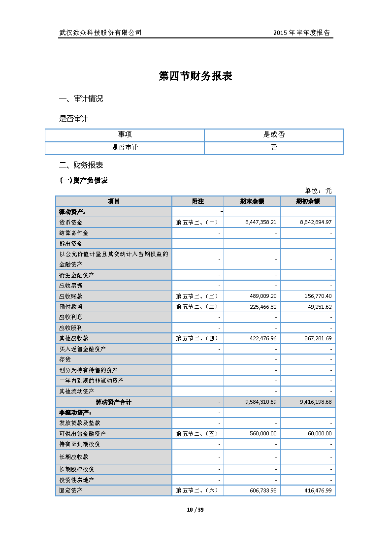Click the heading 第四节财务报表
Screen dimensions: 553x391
[195, 76]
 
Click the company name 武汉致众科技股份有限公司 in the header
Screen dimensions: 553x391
[100, 33]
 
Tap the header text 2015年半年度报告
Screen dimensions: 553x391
[301, 33]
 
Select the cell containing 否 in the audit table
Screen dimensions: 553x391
[274, 148]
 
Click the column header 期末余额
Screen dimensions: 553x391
[252, 201]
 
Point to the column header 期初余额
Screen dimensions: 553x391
[308, 201]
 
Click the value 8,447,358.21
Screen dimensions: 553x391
[261, 223]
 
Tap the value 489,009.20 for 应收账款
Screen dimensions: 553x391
[263, 296]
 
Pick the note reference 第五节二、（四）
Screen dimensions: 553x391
[196, 338]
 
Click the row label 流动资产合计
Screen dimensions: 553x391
[113, 402]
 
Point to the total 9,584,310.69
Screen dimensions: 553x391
[261, 402]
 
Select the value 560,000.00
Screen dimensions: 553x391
[263, 433]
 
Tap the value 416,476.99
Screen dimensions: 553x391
[316, 490]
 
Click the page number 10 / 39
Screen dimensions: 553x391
[195, 510]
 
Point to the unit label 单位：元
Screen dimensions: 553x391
[318, 191]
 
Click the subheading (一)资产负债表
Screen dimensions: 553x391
[83, 181]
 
